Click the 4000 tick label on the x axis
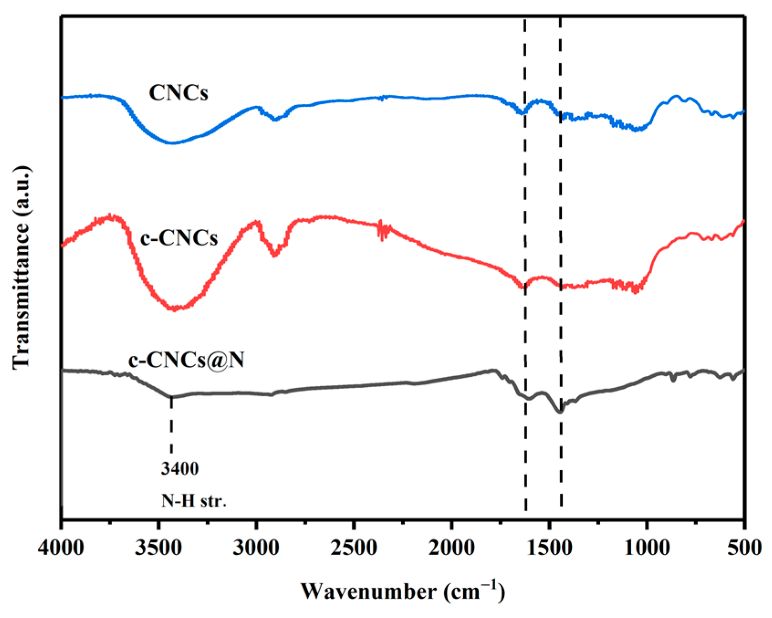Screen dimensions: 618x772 (x=61, y=548)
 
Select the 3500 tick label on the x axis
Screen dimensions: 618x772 (x=158, y=548)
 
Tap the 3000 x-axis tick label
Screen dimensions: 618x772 (x=256, y=548)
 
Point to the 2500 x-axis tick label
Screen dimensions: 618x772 (x=353, y=548)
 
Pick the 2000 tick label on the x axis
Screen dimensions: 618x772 (x=451, y=548)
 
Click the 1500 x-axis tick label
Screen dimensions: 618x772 (x=549, y=548)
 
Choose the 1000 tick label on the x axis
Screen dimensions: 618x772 (x=647, y=548)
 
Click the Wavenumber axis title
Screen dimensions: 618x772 (x=403, y=592)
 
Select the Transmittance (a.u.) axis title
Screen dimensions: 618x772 (x=22, y=267)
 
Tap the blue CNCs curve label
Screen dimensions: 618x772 (x=179, y=93)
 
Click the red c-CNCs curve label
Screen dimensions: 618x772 (x=179, y=238)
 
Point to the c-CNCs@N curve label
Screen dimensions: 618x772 (x=186, y=360)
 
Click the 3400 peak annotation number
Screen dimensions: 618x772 (x=180, y=468)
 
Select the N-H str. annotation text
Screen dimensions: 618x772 (x=194, y=501)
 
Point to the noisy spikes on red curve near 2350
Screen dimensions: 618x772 (x=383, y=231)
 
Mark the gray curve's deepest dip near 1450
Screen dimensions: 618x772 (x=560, y=411)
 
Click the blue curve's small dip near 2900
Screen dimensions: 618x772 (x=275, y=119)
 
